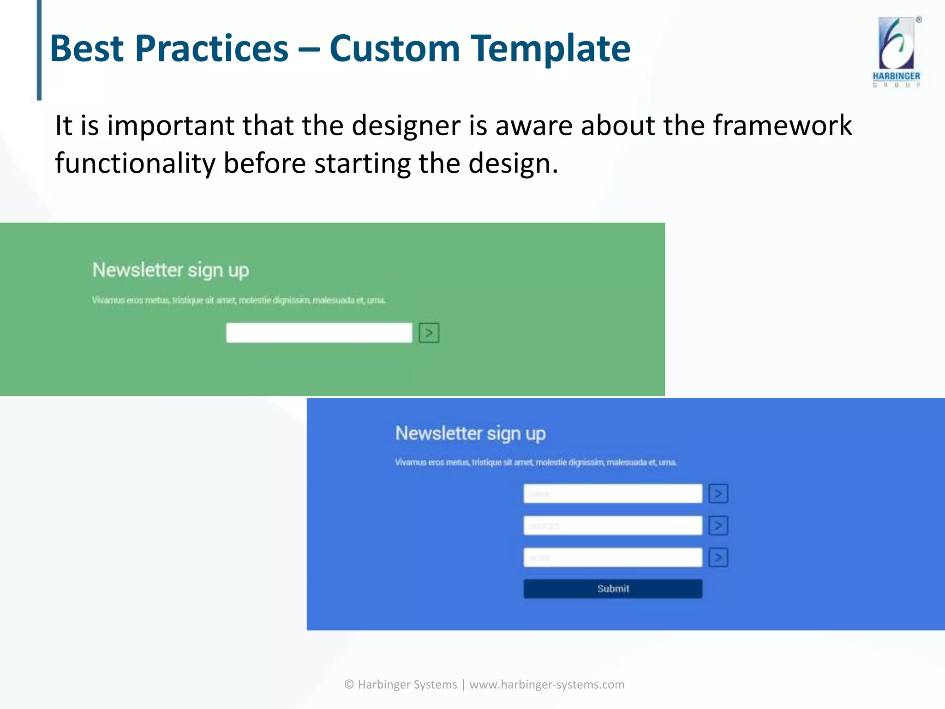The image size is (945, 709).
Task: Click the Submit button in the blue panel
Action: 613,589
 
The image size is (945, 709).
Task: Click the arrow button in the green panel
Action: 429,333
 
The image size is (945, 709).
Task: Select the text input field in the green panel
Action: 319,333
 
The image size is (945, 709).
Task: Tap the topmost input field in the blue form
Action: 613,493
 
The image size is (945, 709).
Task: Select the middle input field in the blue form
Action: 613,526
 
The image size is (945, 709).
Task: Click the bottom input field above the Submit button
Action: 613,558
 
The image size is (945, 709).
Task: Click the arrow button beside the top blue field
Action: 718,493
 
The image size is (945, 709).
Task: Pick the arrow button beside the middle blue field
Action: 718,526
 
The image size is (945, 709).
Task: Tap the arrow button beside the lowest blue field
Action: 718,558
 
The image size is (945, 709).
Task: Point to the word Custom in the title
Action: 395,48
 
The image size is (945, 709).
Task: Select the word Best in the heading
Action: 87,48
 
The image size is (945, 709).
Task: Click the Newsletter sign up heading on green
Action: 171,270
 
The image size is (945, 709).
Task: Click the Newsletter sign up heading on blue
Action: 470,433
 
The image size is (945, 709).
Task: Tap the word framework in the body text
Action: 782,126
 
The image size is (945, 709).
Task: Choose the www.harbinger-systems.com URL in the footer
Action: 547,685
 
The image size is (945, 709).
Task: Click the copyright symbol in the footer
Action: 349,685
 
